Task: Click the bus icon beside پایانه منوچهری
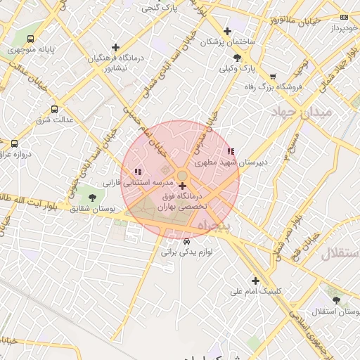click(x=30, y=39)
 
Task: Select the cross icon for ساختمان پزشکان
click(x=227, y=31)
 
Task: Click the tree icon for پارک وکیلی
click(x=237, y=58)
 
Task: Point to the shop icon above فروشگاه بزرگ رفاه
click(x=273, y=76)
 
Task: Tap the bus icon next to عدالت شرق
click(x=55, y=109)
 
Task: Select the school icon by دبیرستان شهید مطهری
click(x=231, y=151)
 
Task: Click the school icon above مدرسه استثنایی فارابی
click(x=138, y=171)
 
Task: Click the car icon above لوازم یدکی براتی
click(x=186, y=241)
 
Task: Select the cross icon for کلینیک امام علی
click(x=255, y=281)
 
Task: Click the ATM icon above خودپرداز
click(x=344, y=17)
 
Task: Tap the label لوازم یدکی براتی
click(x=186, y=250)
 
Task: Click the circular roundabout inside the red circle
click(x=181, y=175)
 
